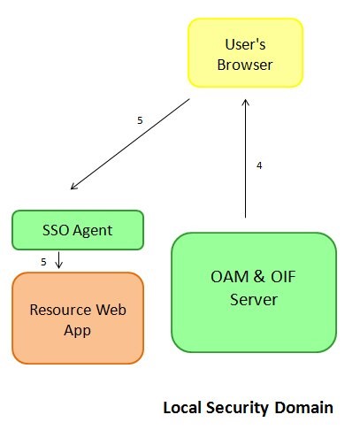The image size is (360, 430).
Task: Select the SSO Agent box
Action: [78, 230]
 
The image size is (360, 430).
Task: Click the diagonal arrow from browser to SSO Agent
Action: [130, 144]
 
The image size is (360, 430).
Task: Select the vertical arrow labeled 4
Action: [245, 159]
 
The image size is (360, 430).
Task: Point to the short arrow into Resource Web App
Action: [58, 260]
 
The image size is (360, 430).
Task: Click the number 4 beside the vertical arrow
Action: [259, 165]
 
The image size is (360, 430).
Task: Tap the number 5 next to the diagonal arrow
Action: [140, 119]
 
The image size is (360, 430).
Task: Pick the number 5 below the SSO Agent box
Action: [43, 261]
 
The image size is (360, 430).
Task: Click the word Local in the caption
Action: [181, 408]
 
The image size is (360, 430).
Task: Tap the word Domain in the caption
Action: [305, 408]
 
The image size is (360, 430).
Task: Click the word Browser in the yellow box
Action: [245, 65]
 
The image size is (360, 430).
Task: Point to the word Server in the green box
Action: [253, 300]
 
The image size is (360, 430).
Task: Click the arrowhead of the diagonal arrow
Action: [73, 187]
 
